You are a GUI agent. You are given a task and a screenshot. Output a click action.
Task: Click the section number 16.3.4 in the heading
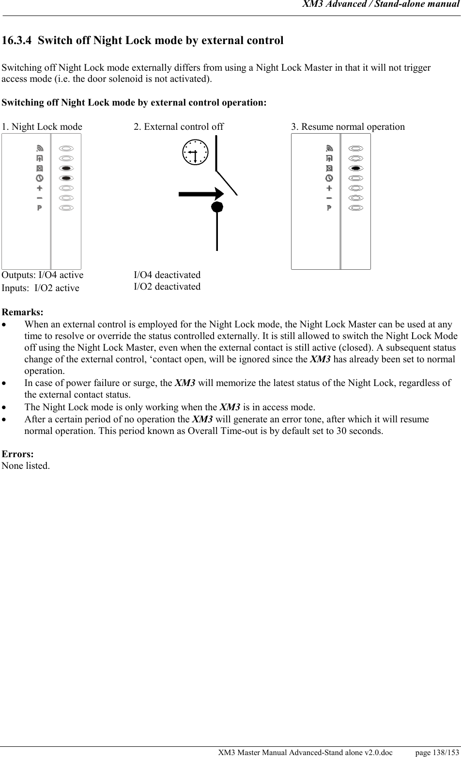pyautogui.click(x=17, y=40)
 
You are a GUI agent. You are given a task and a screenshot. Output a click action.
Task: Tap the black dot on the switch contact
pyautogui.click(x=217, y=207)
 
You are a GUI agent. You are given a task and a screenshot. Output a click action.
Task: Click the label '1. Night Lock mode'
pyautogui.click(x=42, y=127)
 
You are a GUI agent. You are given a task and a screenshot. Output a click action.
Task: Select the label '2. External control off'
pyautogui.click(x=179, y=127)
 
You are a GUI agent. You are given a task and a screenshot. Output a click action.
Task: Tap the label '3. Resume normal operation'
pyautogui.click(x=348, y=127)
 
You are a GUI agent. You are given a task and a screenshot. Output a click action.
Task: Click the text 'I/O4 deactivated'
pyautogui.click(x=167, y=275)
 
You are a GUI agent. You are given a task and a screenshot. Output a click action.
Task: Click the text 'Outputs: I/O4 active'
pyautogui.click(x=43, y=275)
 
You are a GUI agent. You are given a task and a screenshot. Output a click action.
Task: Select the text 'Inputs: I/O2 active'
pyautogui.click(x=41, y=288)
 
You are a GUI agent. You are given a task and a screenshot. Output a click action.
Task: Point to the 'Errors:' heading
pyautogui.click(x=18, y=454)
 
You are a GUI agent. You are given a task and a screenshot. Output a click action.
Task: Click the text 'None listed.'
pyautogui.click(x=26, y=466)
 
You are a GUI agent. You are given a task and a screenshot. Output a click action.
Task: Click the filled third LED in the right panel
pyautogui.click(x=356, y=168)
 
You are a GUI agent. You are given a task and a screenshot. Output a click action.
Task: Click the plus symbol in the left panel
pyautogui.click(x=39, y=188)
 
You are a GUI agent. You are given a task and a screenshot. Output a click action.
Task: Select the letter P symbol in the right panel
pyautogui.click(x=329, y=208)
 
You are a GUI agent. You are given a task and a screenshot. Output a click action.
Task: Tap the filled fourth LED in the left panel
pyautogui.click(x=67, y=178)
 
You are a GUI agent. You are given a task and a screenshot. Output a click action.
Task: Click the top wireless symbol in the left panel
pyautogui.click(x=39, y=148)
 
